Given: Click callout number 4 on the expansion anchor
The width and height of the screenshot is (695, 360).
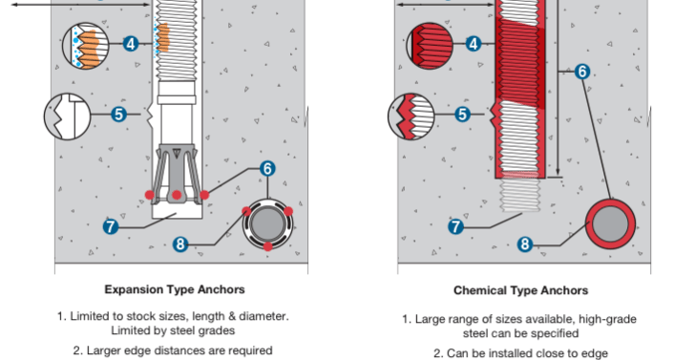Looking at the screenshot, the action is [130, 44].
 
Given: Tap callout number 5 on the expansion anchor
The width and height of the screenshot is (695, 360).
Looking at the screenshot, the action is [118, 115].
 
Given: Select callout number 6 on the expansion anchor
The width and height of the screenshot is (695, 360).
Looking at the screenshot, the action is [267, 168].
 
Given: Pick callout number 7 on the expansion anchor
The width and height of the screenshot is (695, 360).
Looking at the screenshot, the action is [111, 226].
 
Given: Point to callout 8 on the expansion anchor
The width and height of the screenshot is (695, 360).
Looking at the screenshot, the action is [180, 244].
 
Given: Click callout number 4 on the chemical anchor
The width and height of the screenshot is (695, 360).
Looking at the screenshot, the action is [474, 44].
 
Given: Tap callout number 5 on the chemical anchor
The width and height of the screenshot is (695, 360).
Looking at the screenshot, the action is [462, 115].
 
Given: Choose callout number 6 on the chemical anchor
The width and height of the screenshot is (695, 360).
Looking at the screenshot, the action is [582, 72].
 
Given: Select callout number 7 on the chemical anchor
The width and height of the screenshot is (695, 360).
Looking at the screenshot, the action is [455, 227].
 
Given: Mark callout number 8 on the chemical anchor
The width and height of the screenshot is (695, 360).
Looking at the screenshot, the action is [525, 244].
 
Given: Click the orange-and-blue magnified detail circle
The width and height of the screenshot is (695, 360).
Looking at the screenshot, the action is [86, 46].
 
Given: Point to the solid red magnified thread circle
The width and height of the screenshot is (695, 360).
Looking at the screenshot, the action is [430, 46].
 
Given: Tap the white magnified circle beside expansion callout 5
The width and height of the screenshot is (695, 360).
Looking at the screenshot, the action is [68, 116].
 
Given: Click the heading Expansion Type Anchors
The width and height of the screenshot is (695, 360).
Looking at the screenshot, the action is [175, 289].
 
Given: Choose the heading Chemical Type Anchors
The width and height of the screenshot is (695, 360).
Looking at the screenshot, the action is [521, 290].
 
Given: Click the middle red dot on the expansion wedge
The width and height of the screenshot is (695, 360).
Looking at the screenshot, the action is [177, 195].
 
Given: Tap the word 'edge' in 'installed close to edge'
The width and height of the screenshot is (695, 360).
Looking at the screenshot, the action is [595, 353].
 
